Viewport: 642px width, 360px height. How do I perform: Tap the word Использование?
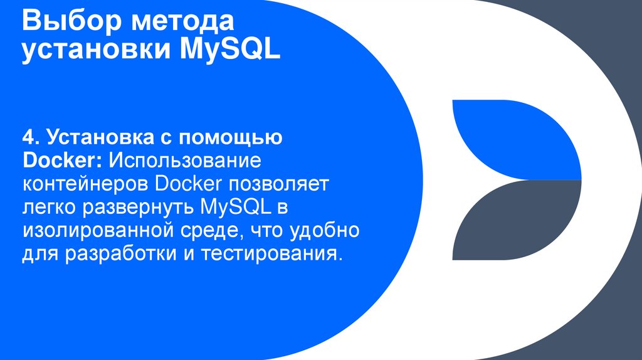point(185,160)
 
